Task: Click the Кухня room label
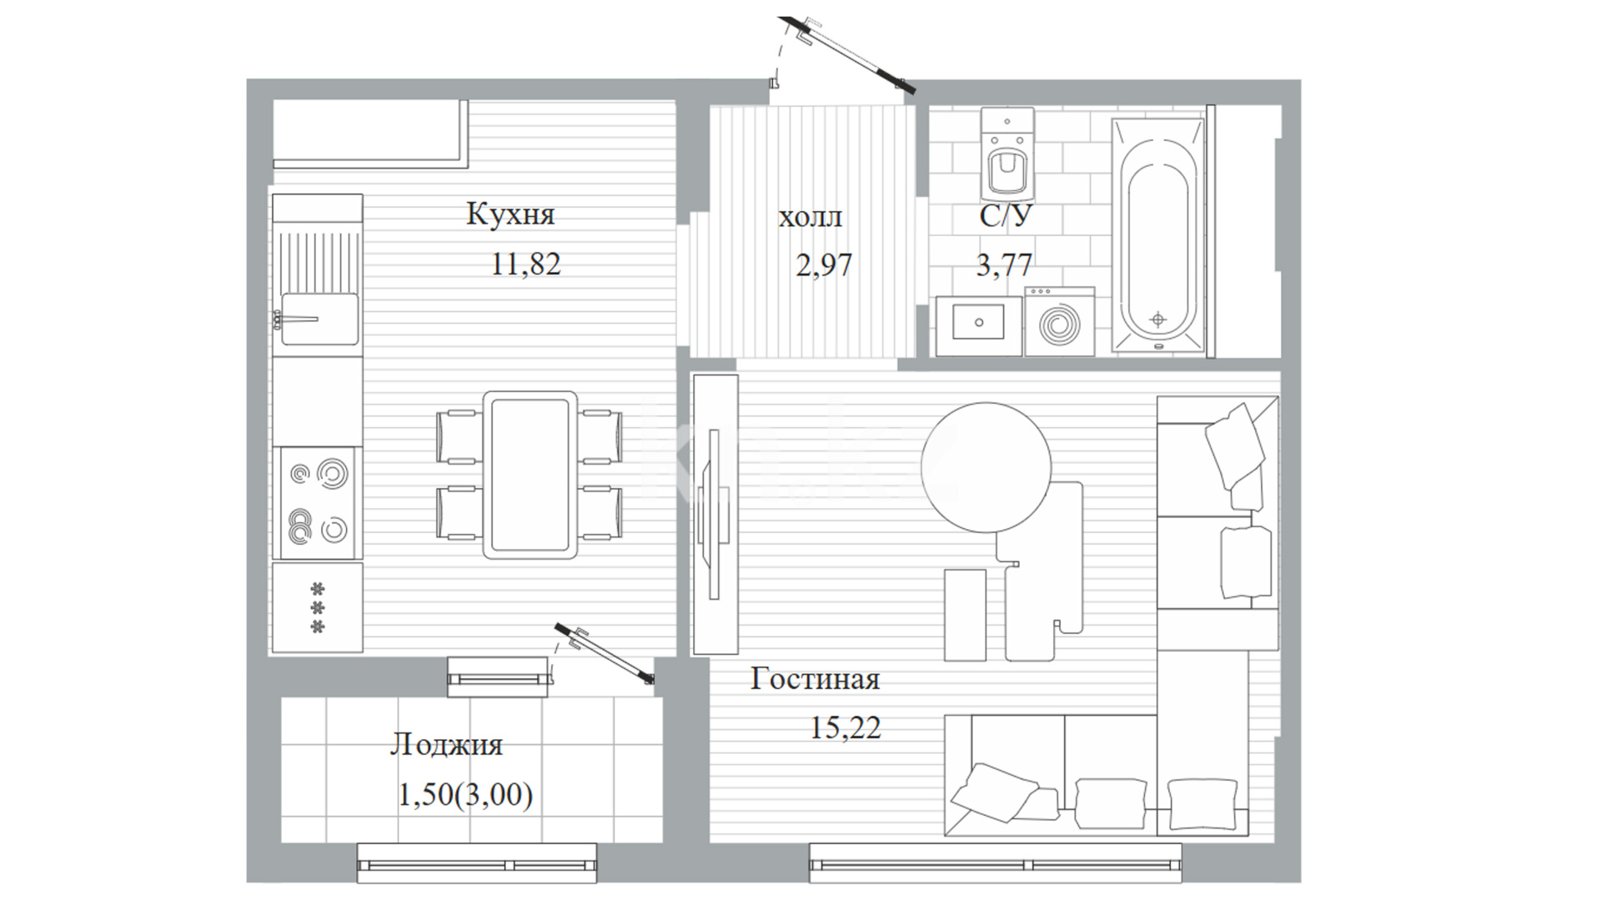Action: coord(510,214)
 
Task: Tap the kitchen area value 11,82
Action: coord(525,264)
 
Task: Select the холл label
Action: coord(810,218)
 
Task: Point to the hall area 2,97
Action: coord(824,265)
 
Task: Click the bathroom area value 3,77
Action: coord(1004,265)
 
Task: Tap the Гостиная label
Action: coord(815,678)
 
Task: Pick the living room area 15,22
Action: coord(845,727)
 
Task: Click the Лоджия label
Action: coord(446,744)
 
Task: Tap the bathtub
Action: coord(1158,234)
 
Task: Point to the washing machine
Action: coord(1060,321)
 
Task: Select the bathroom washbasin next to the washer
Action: coord(979,325)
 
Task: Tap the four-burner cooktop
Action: coord(318,502)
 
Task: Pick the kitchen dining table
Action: coord(530,475)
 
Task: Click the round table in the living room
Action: coord(986,467)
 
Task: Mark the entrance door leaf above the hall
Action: coord(848,53)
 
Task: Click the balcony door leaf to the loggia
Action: coord(605,654)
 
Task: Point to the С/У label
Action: coord(1006,216)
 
